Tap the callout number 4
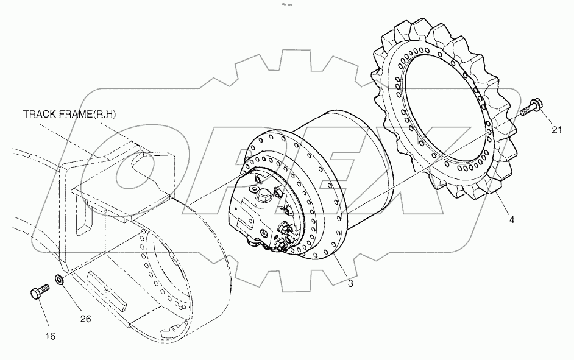pos(511,219)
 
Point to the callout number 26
pos(85,318)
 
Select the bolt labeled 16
pos(37,294)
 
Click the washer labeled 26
pos(59,280)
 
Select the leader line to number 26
pos(72,298)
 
